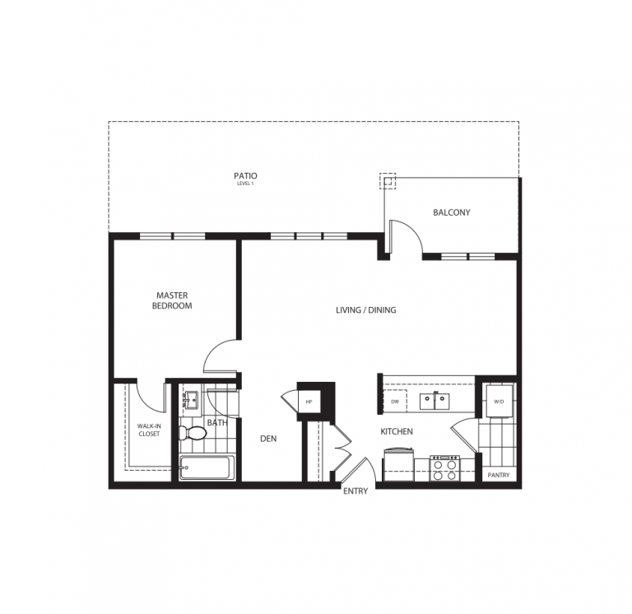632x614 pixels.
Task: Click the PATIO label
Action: click(x=245, y=176)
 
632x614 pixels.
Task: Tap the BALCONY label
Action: click(x=452, y=212)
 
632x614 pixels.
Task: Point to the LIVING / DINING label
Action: click(x=366, y=310)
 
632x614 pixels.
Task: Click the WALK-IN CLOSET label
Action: click(x=149, y=430)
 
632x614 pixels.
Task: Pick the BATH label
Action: click(x=217, y=423)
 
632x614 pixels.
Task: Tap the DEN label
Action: click(x=268, y=439)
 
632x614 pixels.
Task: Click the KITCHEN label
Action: click(x=397, y=431)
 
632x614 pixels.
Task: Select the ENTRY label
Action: click(x=355, y=491)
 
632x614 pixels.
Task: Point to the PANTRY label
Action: click(x=498, y=475)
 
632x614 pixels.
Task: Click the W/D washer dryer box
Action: click(x=499, y=402)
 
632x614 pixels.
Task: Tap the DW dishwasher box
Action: click(x=395, y=401)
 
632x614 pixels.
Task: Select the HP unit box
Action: click(x=309, y=401)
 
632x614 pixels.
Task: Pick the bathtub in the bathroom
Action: click(x=207, y=467)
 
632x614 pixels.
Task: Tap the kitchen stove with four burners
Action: click(x=445, y=468)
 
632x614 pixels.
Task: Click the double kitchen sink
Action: click(x=434, y=401)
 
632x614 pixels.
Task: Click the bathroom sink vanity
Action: click(x=191, y=401)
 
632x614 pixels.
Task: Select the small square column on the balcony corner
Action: click(x=388, y=181)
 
